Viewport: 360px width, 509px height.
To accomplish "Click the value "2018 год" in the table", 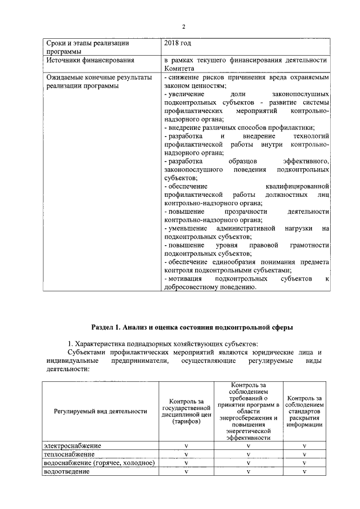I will (x=177, y=43).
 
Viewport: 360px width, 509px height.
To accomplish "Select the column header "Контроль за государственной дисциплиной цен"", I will (x=186, y=411).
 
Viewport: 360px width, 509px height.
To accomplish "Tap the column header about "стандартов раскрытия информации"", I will (x=304, y=411).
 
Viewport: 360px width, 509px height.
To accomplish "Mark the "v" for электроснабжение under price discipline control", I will (x=186, y=446).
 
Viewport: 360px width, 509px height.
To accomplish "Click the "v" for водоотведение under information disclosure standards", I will (x=304, y=471).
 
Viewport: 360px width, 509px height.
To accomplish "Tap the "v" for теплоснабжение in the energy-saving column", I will (x=248, y=454).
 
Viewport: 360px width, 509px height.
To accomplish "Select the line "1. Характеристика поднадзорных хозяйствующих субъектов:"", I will (x=163, y=343).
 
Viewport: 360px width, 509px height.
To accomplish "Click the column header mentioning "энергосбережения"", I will (x=248, y=411).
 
